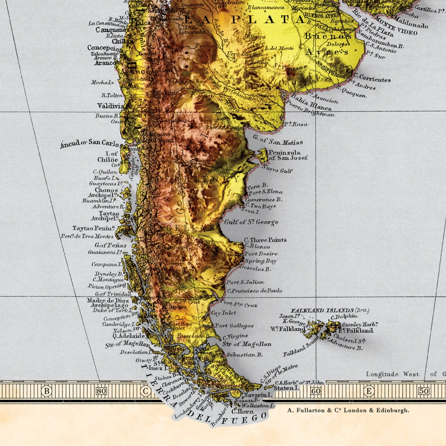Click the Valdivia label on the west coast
point(111,106)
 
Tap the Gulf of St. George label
point(251,222)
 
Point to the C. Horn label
point(243,411)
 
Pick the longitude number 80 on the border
point(101,390)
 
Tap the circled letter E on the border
point(368,390)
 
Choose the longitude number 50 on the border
point(424,390)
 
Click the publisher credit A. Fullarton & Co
point(348,410)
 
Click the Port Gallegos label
point(234,326)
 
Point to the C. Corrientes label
point(372,78)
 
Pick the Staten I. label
point(286,388)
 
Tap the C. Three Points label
point(265,240)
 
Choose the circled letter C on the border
point(146,390)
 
